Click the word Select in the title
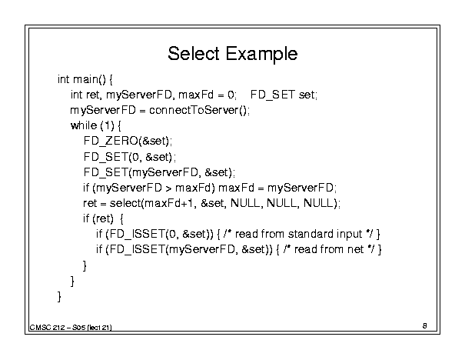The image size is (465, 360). click(194, 54)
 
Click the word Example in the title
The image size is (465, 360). click(261, 55)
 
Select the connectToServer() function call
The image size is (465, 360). click(199, 110)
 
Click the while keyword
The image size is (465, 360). click(84, 125)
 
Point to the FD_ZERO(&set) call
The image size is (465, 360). click(126, 141)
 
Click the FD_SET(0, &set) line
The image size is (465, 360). click(128, 157)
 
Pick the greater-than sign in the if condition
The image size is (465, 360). click(168, 188)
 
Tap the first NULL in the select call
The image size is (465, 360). click(244, 203)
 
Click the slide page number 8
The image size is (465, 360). click(425, 325)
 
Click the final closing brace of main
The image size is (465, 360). click(59, 296)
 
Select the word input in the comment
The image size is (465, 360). click(350, 235)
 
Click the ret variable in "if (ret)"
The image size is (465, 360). click(103, 218)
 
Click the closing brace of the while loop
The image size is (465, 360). click(72, 281)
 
